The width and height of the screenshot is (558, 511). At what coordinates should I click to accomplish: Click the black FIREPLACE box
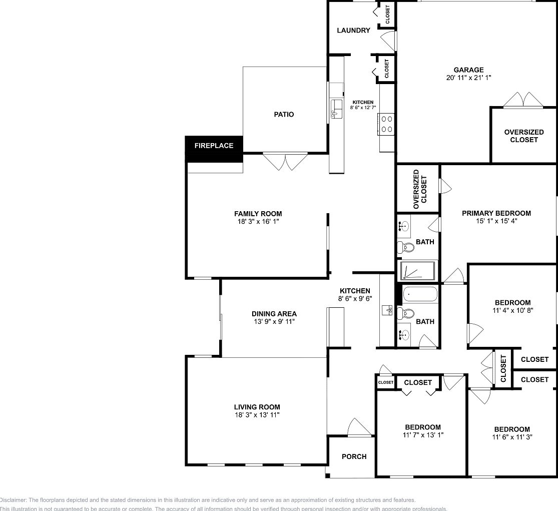click(214, 146)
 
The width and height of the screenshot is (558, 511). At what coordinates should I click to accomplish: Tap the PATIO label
click(284, 115)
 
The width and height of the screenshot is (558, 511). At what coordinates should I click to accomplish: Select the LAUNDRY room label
click(353, 31)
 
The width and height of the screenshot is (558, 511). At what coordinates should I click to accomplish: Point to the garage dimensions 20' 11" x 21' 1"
click(468, 78)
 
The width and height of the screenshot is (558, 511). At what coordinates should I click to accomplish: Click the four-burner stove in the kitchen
click(386, 124)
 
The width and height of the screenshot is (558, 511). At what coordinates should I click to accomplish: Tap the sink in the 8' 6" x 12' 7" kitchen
click(336, 109)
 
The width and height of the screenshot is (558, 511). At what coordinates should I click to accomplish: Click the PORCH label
click(354, 456)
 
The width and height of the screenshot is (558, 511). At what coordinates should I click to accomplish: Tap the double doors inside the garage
click(523, 100)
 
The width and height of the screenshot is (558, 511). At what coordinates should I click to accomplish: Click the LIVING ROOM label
click(257, 407)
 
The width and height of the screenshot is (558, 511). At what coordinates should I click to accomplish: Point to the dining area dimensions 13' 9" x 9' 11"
click(274, 321)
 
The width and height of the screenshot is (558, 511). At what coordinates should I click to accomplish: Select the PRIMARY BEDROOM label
click(496, 213)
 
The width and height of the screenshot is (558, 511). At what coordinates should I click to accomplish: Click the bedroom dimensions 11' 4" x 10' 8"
click(512, 310)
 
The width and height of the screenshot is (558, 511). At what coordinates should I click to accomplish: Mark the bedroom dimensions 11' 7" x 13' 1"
click(423, 435)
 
